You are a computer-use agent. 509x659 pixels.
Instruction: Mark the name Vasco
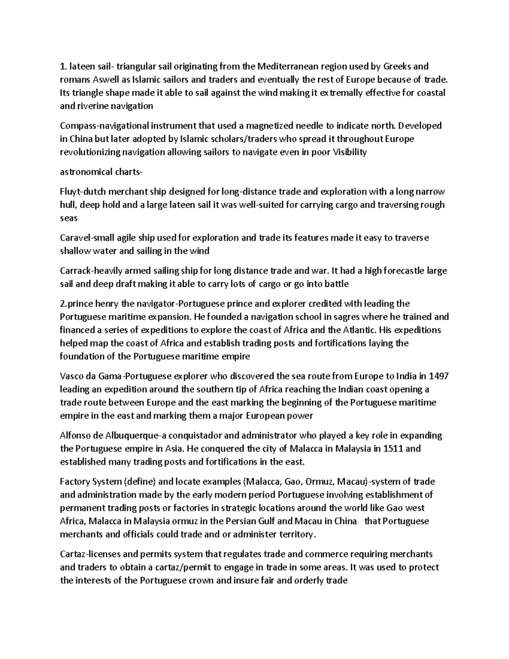[x=73, y=376]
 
